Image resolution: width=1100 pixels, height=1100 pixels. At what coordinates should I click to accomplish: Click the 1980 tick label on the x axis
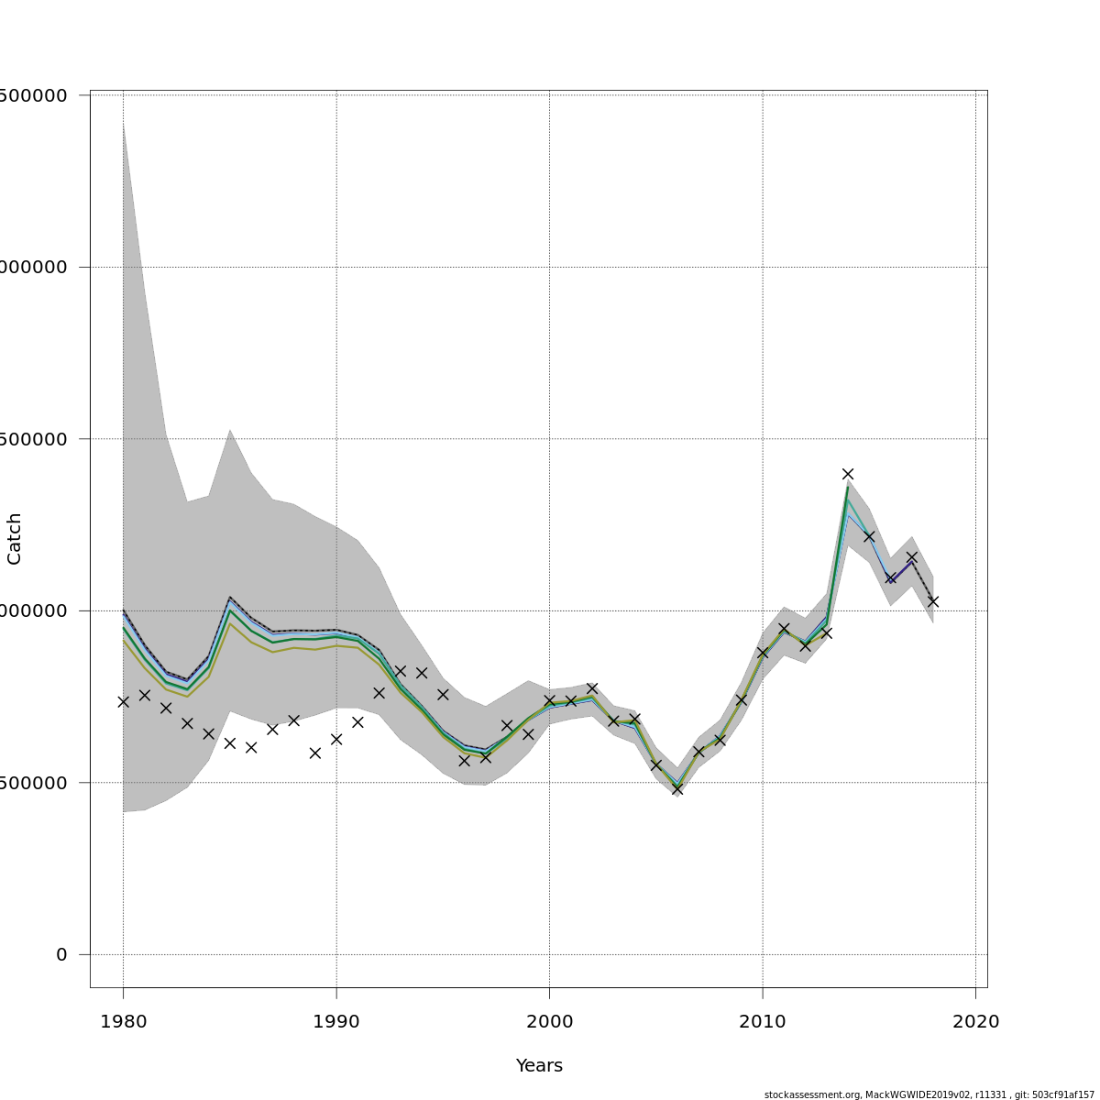click(x=123, y=1022)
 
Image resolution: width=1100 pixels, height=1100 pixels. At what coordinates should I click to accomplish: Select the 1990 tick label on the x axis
click(x=336, y=1022)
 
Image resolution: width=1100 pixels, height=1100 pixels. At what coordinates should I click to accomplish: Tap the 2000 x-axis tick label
click(x=549, y=1022)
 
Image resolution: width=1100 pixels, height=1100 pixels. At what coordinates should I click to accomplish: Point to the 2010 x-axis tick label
click(x=762, y=1022)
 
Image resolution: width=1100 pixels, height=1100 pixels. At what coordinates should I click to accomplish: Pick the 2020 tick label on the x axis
click(x=975, y=1022)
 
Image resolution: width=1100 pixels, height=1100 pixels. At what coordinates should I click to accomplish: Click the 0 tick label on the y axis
click(x=61, y=955)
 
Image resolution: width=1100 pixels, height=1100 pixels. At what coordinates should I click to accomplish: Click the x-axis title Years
click(x=539, y=1066)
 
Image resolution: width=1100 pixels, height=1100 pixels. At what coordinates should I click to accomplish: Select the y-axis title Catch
click(x=15, y=538)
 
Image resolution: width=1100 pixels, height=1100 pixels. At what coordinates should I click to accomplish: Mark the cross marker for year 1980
click(x=123, y=701)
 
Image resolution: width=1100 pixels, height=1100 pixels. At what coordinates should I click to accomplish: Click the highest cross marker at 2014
click(x=848, y=474)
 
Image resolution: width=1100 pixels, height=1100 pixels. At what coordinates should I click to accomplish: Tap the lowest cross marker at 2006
click(x=677, y=788)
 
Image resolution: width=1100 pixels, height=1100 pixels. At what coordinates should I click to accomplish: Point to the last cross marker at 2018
click(x=933, y=601)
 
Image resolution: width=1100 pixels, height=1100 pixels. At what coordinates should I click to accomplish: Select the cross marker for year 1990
click(x=336, y=739)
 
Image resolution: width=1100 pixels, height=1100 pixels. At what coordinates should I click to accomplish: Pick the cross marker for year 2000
click(x=549, y=700)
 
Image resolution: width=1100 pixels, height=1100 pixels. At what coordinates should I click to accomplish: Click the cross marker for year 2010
click(x=762, y=653)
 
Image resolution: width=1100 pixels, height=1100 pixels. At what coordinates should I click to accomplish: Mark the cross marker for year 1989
click(x=315, y=753)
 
